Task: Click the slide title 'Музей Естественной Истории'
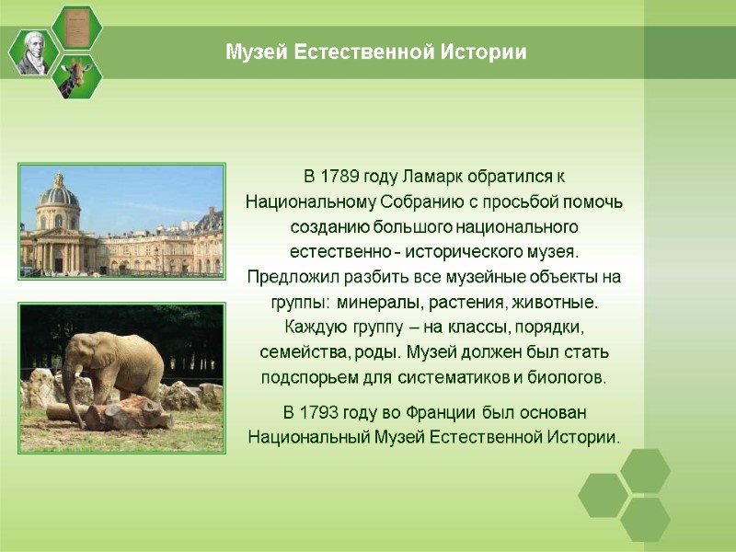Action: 376,52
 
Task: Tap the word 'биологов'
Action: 569,377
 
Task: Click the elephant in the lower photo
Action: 115,368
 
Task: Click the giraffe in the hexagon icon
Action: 77,76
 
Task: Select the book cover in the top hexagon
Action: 77,26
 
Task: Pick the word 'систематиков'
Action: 454,377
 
